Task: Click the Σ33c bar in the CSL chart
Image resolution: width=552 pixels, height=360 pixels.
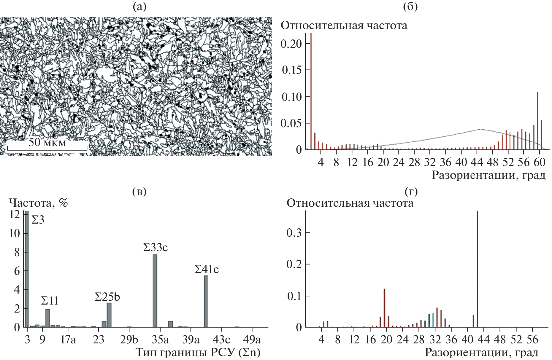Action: click(155, 291)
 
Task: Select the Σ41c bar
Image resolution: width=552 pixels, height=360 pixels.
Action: click(206, 301)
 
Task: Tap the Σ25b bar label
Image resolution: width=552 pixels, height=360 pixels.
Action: click(107, 297)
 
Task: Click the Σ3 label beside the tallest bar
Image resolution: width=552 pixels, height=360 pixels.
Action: click(38, 220)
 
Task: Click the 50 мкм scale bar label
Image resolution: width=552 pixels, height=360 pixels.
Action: click(47, 143)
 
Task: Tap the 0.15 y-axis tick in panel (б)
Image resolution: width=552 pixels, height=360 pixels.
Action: click(291, 70)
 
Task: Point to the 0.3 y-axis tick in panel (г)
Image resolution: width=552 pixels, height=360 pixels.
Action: click(294, 233)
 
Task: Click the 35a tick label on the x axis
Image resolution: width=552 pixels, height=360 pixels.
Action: click(160, 339)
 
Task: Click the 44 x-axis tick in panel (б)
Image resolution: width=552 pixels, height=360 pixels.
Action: click(477, 162)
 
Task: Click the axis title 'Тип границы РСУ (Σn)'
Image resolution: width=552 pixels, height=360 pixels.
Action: click(198, 352)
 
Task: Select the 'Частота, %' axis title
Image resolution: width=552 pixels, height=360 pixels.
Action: click(39, 203)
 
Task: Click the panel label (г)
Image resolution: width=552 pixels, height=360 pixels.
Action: click(411, 192)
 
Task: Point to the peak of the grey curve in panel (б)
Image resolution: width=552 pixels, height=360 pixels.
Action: click(481, 129)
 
